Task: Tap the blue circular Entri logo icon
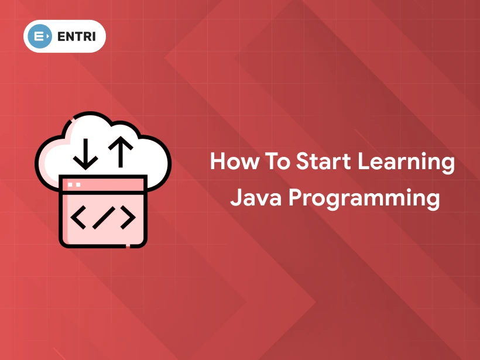40,36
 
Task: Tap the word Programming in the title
364,199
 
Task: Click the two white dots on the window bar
74,184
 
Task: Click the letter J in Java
235,197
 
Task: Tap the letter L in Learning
359,161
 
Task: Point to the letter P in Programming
297,197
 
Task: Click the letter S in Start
302,161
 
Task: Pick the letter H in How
217,161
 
